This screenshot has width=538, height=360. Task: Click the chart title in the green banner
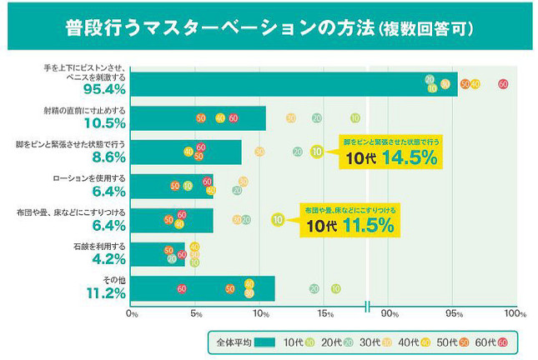coord(269,27)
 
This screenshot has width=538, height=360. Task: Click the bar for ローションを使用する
coord(172,186)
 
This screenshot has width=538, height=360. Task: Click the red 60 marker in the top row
coord(503,83)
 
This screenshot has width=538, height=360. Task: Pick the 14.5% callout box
coord(390,152)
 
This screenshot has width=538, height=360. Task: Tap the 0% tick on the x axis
coord(131,314)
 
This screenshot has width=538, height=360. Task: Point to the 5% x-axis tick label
coord(195,314)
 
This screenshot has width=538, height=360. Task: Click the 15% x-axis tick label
coord(324,314)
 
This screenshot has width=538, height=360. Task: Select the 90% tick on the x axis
coord(389,314)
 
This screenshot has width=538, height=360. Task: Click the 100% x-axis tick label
coord(515,314)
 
